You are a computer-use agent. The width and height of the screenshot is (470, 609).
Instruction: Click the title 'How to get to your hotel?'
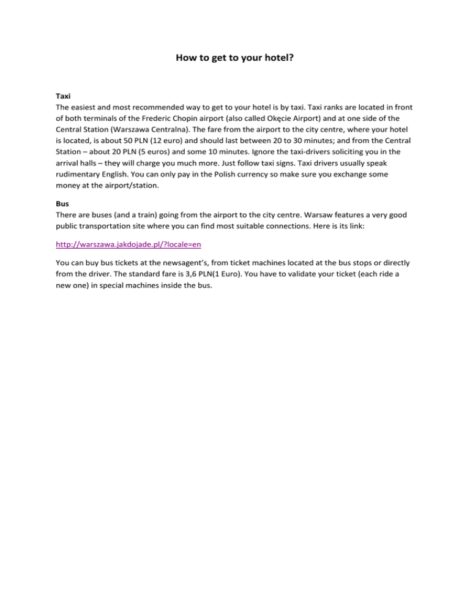click(235, 59)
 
